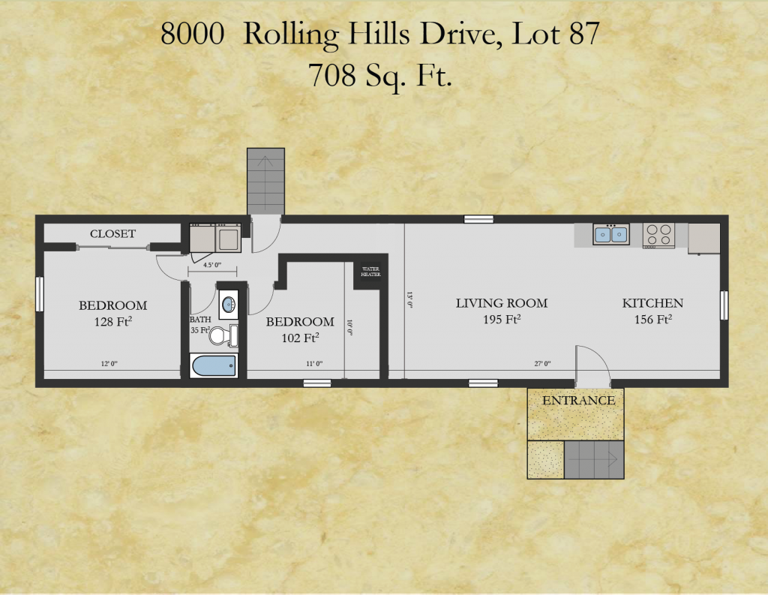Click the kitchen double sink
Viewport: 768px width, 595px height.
tap(610, 234)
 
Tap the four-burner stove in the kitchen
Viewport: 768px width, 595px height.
tap(658, 236)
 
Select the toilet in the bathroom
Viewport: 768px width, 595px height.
tap(223, 335)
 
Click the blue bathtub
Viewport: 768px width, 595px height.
tap(214, 365)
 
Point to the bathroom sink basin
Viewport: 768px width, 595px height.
tap(229, 305)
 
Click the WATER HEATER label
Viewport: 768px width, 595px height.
tap(370, 272)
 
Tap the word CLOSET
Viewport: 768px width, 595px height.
tap(112, 234)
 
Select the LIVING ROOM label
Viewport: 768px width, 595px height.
tap(502, 303)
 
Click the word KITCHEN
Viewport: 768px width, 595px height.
tap(652, 303)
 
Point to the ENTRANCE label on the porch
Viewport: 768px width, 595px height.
tap(578, 401)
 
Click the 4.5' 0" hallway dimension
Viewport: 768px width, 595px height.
tap(212, 265)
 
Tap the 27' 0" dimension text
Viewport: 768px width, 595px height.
tap(542, 364)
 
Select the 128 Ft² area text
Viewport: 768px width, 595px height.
tap(112, 322)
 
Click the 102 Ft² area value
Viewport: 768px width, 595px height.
tap(300, 338)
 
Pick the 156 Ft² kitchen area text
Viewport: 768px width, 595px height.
tap(653, 319)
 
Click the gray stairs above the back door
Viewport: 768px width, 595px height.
tap(265, 182)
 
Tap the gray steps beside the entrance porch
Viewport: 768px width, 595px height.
tap(594, 460)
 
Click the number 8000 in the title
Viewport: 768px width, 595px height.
tap(193, 34)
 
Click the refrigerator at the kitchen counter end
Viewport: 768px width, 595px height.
tap(703, 239)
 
